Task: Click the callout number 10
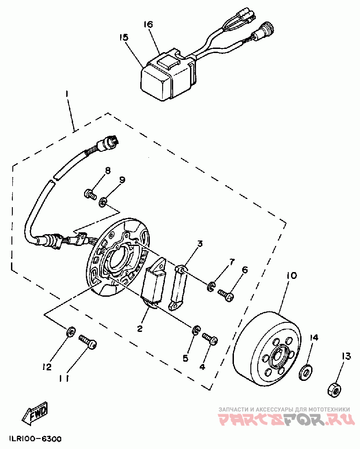pyautogui.click(x=291, y=276)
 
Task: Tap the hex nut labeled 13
pyautogui.click(x=334, y=389)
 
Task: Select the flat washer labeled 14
pyautogui.click(x=305, y=373)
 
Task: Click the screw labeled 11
pyautogui.click(x=89, y=341)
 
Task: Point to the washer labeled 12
pyautogui.click(x=71, y=331)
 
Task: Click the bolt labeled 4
pyautogui.click(x=210, y=339)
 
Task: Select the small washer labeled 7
pyautogui.click(x=211, y=287)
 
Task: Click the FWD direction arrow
pyautogui.click(x=35, y=414)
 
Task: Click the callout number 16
pyautogui.click(x=148, y=24)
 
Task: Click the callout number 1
pyautogui.click(x=67, y=94)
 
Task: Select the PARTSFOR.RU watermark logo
pyautogui.click(x=286, y=419)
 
